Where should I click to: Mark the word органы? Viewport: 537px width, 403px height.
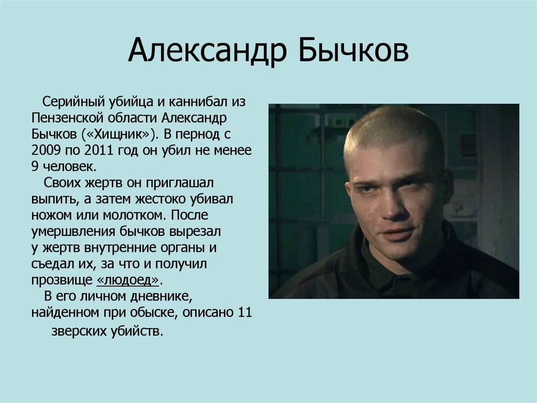point(188,247)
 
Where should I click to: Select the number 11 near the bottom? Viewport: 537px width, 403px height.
point(244,313)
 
